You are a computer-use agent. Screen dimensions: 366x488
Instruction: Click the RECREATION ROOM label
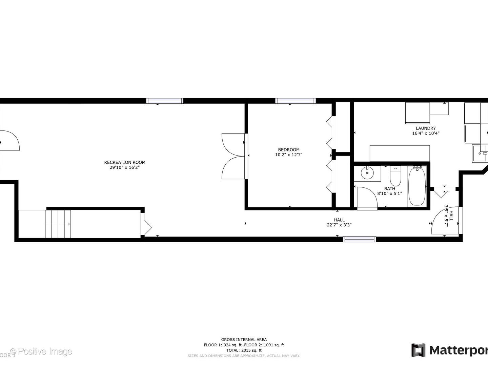pyautogui.click(x=124, y=162)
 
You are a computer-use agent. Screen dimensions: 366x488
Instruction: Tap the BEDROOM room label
pyautogui.click(x=289, y=150)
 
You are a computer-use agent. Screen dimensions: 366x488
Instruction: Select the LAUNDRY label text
pyautogui.click(x=426, y=128)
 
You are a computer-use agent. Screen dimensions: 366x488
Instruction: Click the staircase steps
pyautogui.click(x=58, y=224)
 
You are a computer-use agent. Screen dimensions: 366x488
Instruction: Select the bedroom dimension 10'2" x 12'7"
pyautogui.click(x=289, y=155)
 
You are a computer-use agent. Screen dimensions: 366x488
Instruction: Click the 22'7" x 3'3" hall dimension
pyautogui.click(x=339, y=225)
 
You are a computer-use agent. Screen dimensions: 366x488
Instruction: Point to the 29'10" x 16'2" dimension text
pyautogui.click(x=124, y=167)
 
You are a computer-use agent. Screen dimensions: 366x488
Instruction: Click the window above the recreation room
pyautogui.click(x=165, y=101)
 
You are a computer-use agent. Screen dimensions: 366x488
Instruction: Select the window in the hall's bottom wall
pyautogui.click(x=359, y=239)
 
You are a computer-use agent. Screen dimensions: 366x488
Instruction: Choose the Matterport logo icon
pyautogui.click(x=418, y=350)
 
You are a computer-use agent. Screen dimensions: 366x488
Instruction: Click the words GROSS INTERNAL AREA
pyautogui.click(x=244, y=340)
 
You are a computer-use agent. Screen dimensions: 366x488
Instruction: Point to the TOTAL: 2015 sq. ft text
pyautogui.click(x=244, y=350)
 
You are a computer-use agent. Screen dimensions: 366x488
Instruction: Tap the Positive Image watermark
pyautogui.click(x=41, y=351)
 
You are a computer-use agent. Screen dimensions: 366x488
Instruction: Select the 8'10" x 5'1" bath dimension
pyautogui.click(x=389, y=194)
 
